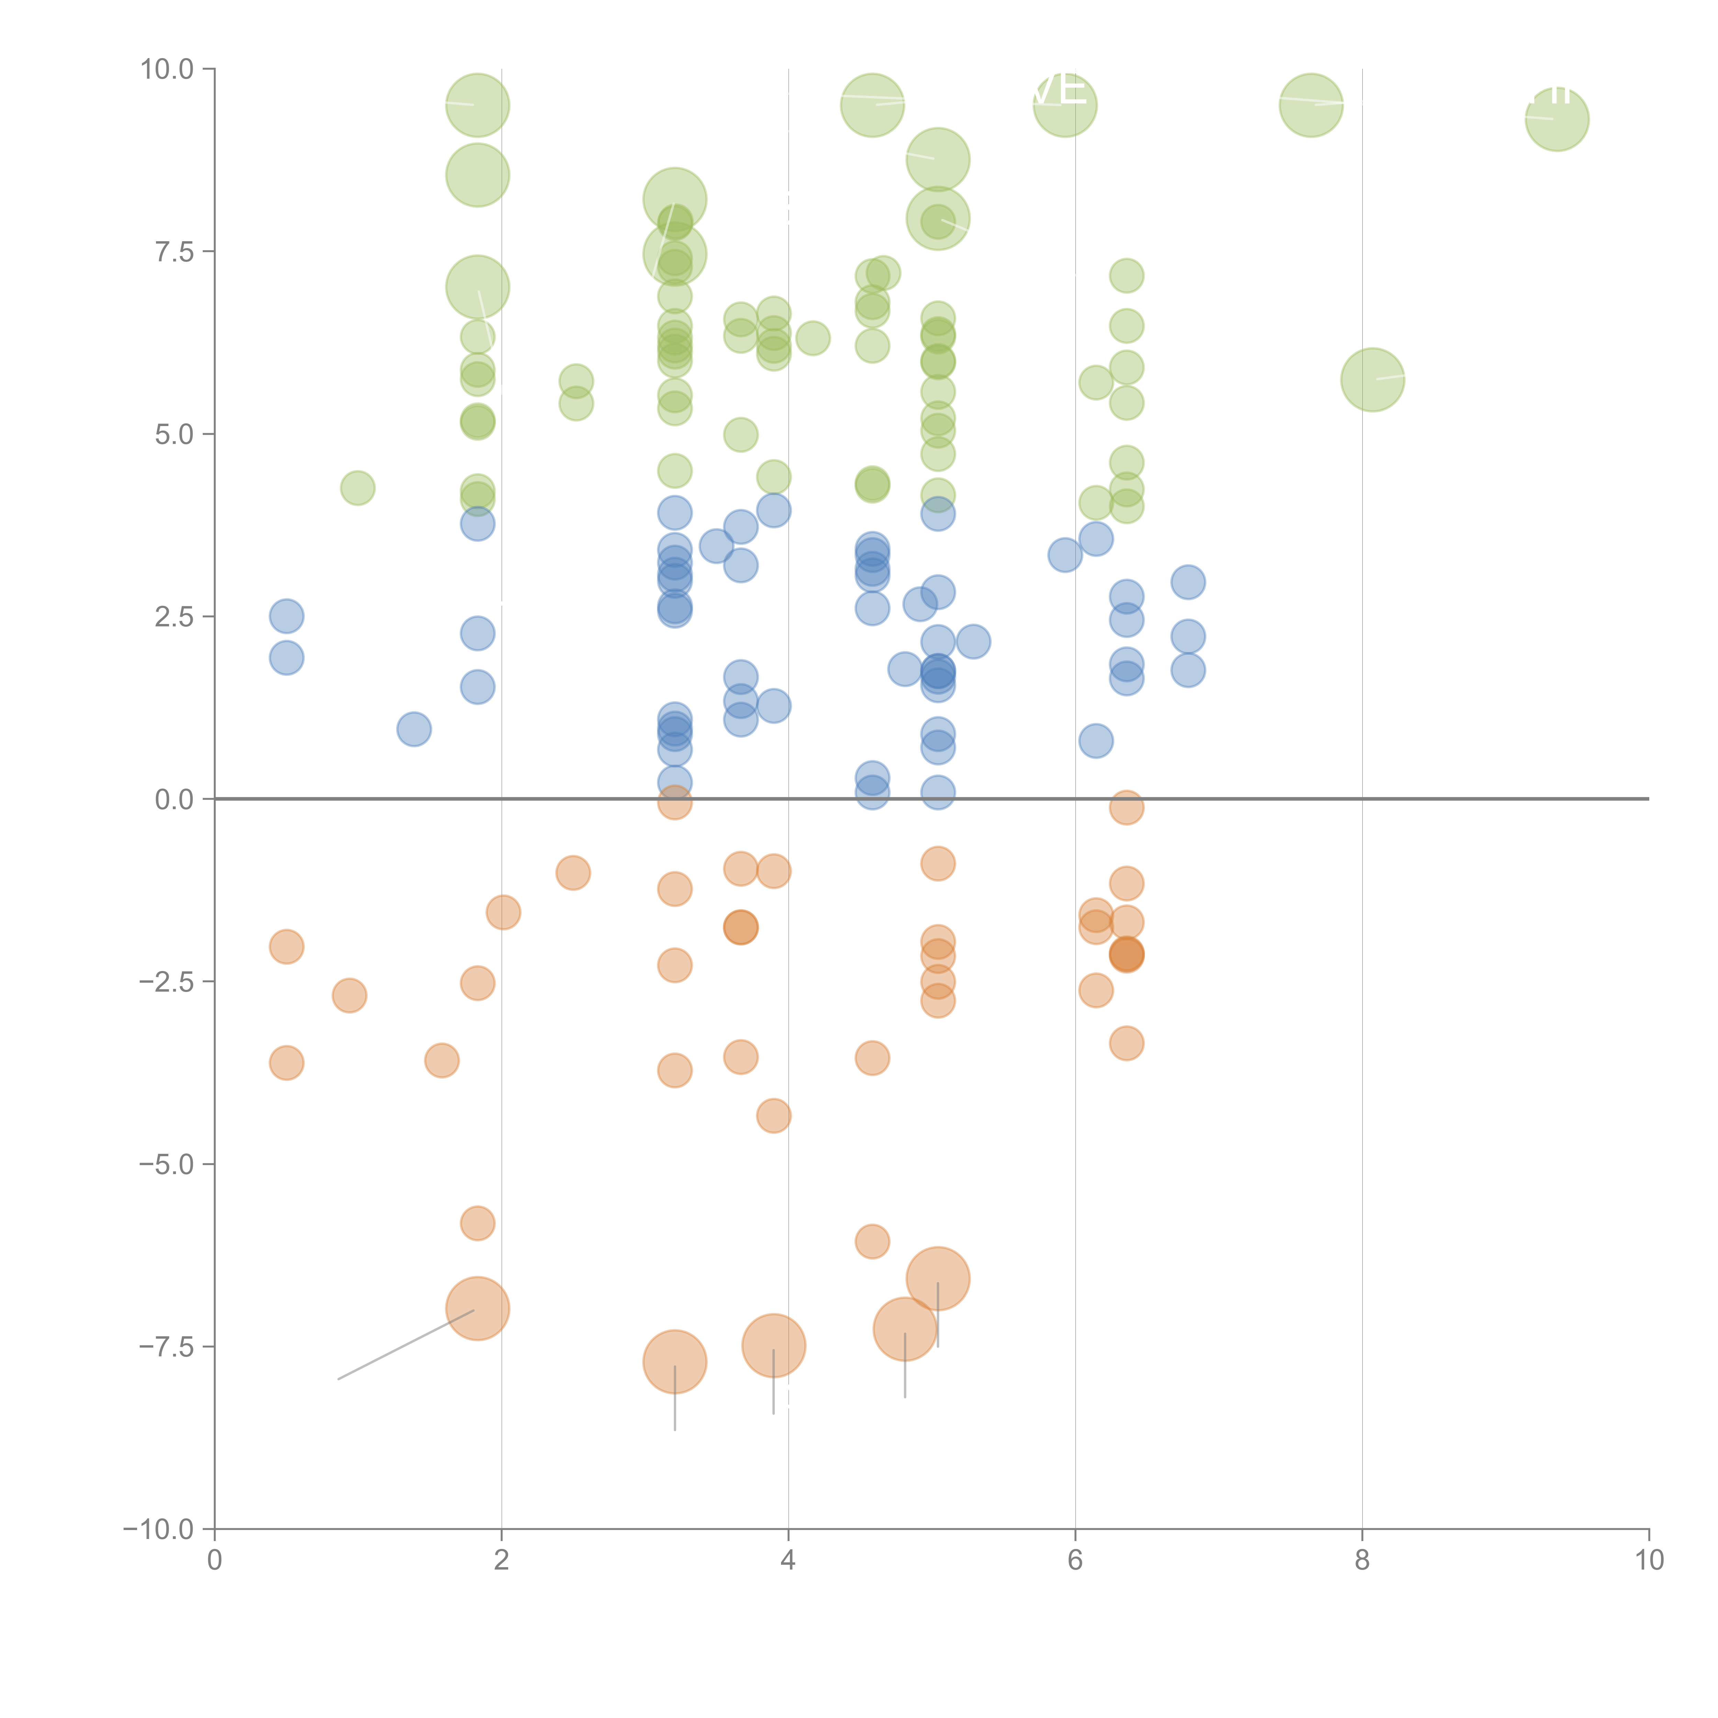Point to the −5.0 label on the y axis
tap(166, 1164)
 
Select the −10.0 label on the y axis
tap(158, 1529)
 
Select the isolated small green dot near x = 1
tap(357, 487)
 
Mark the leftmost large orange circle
tap(478, 1308)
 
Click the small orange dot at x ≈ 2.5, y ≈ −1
tap(573, 872)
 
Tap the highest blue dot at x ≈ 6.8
tap(1188, 582)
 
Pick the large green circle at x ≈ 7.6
tap(1311, 105)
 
